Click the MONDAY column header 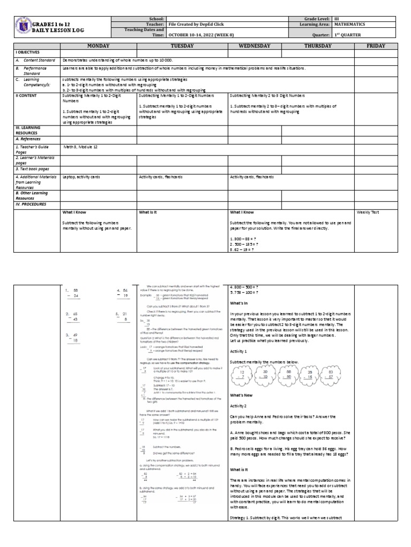[99, 46]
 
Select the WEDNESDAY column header [255, 46]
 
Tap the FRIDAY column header [376, 46]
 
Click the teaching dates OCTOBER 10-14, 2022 [199, 35]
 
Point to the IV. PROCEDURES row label [31, 204]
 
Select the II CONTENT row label [27, 96]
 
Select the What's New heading [242, 395]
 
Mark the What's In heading [239, 302]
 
